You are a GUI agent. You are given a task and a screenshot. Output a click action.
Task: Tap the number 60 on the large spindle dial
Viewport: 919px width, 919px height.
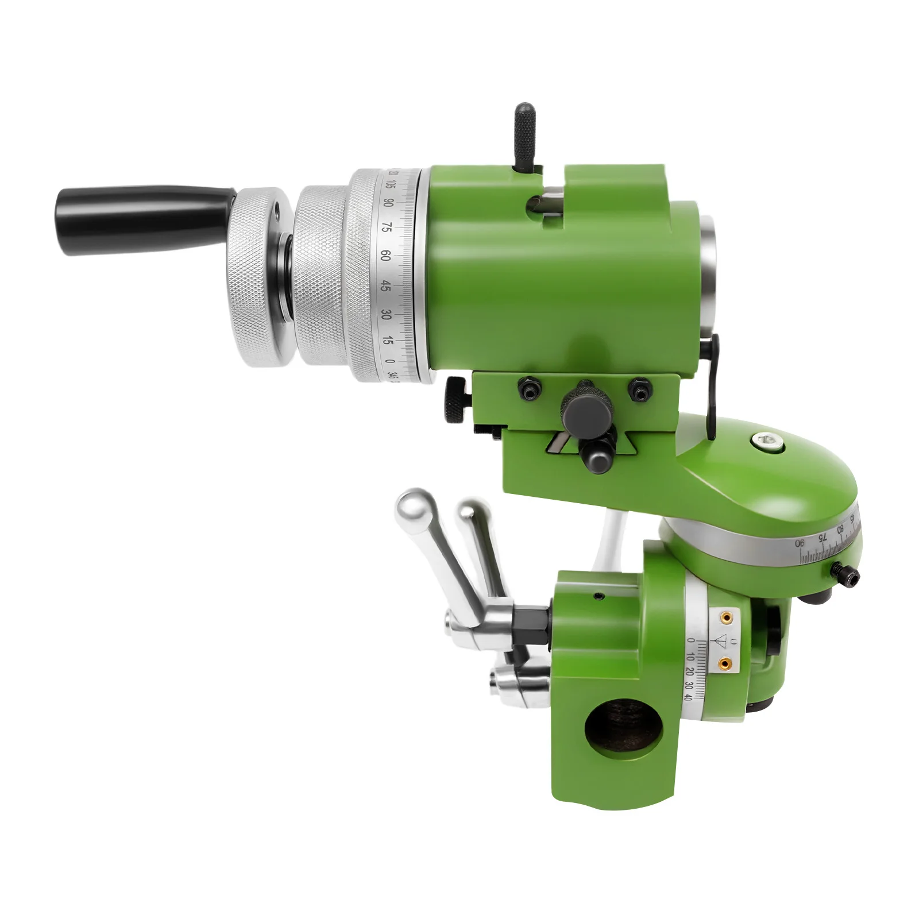tap(386, 256)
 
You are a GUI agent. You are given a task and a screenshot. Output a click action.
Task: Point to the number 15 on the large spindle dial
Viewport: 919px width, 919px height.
tap(388, 341)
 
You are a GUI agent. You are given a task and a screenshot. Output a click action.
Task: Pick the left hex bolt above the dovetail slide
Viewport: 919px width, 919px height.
tap(529, 389)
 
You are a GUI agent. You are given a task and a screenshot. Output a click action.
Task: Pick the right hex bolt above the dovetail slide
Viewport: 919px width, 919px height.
tap(639, 389)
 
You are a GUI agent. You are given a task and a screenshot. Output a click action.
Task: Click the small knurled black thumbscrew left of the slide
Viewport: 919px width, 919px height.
tap(455, 400)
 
